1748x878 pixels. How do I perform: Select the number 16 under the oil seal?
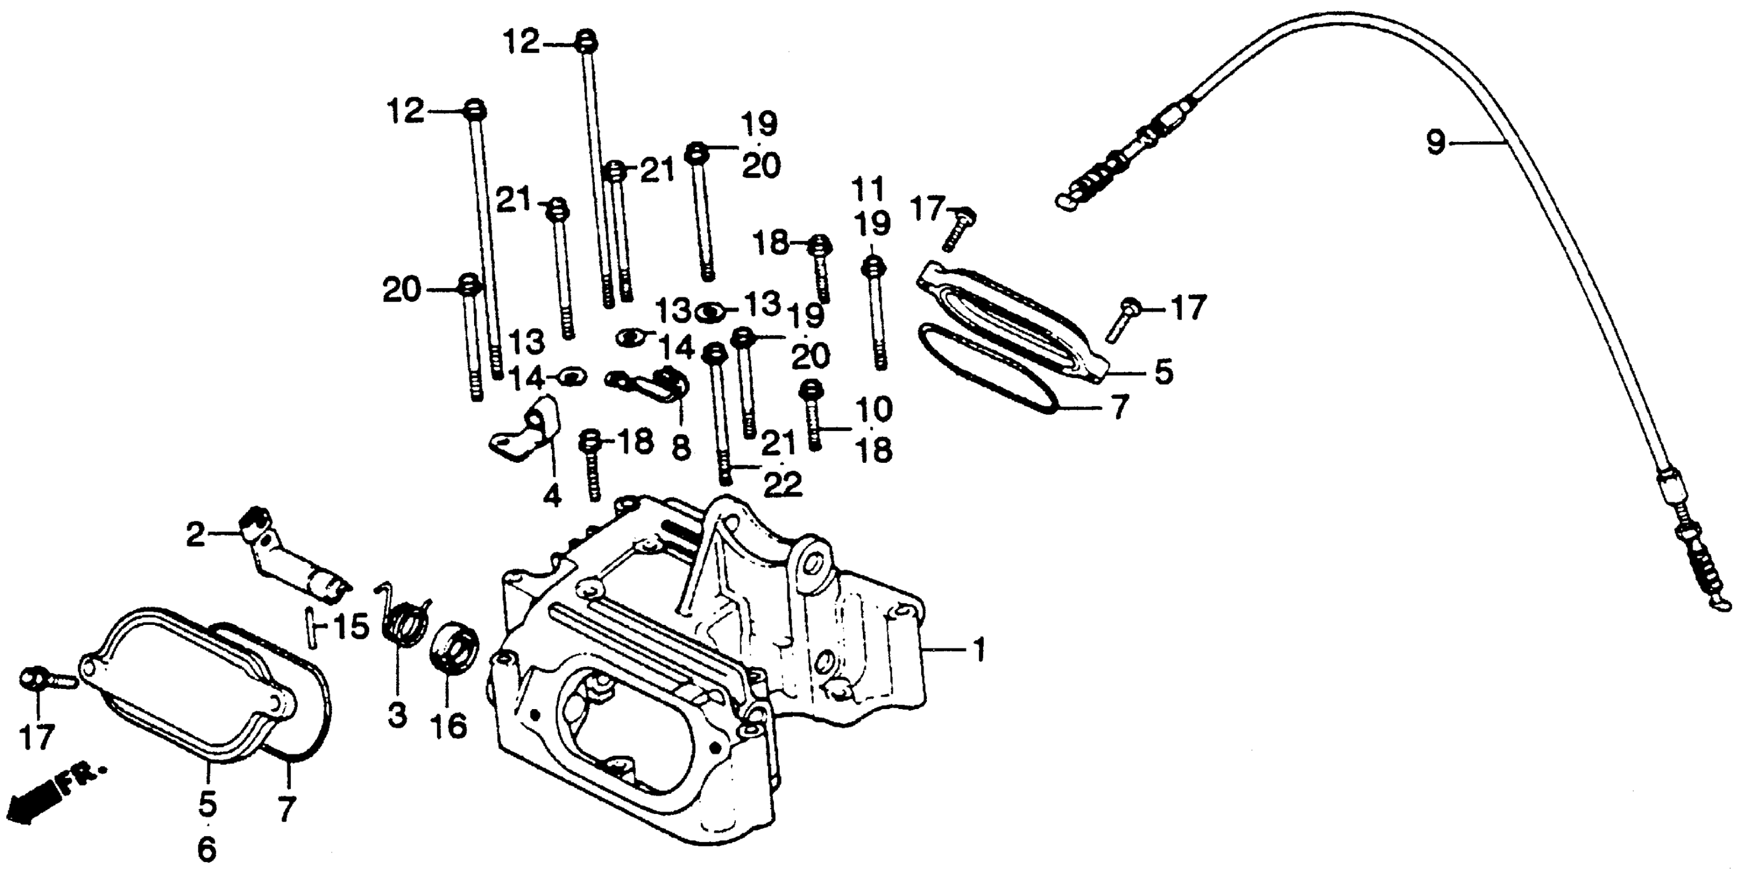(449, 727)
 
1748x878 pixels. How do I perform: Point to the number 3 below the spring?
(397, 715)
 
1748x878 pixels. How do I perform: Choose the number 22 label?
(782, 484)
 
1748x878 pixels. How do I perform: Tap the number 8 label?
(681, 447)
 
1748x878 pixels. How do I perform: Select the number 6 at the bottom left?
(206, 849)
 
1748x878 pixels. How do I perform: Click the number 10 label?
(874, 409)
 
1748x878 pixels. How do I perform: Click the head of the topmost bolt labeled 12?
(585, 41)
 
